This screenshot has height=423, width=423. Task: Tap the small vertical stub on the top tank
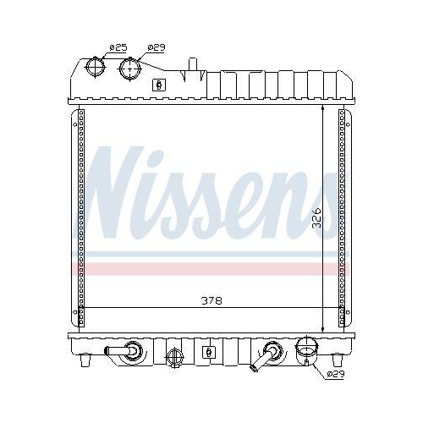(x=193, y=63)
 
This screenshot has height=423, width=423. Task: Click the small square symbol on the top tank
(x=157, y=85)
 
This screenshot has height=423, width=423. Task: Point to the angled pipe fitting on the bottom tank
(x=267, y=355)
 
